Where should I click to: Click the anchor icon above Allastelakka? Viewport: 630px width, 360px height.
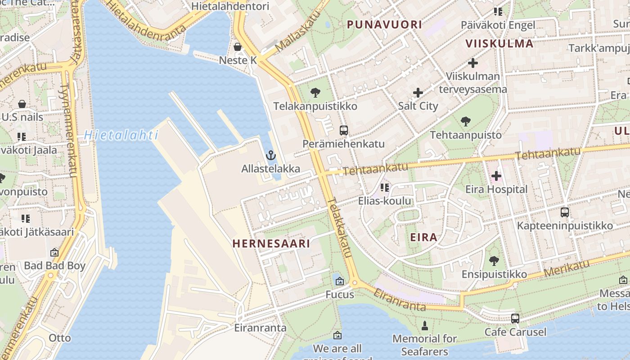pos(270,156)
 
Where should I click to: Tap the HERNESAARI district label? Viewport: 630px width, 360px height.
pos(271,244)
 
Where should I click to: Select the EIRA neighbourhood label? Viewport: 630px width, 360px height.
pos(423,238)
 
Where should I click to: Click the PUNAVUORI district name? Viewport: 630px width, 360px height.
pos(384,25)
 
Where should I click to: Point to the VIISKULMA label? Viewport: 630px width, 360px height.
pos(499,44)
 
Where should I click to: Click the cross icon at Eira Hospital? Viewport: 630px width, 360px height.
pos(496,176)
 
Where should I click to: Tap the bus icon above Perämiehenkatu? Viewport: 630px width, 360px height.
pos(344,131)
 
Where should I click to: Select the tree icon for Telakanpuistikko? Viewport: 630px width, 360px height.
pos(315,93)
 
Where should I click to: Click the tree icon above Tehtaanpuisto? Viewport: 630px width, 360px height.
pos(466,121)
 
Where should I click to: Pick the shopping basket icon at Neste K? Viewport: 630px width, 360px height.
pos(238,47)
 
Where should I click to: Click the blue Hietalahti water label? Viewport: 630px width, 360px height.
pos(121,135)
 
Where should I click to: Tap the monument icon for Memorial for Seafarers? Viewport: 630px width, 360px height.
pos(424,325)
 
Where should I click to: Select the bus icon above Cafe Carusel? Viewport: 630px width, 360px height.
pos(515,319)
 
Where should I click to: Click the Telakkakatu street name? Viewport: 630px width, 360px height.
pos(339,228)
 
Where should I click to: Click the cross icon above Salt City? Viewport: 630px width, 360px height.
pos(418,93)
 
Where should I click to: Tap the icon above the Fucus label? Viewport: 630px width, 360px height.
pos(340,282)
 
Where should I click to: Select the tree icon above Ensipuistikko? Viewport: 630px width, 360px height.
pos(494,261)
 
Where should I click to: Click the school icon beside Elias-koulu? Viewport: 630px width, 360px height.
pos(384,187)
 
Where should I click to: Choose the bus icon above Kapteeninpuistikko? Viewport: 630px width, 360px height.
pos(565,212)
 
